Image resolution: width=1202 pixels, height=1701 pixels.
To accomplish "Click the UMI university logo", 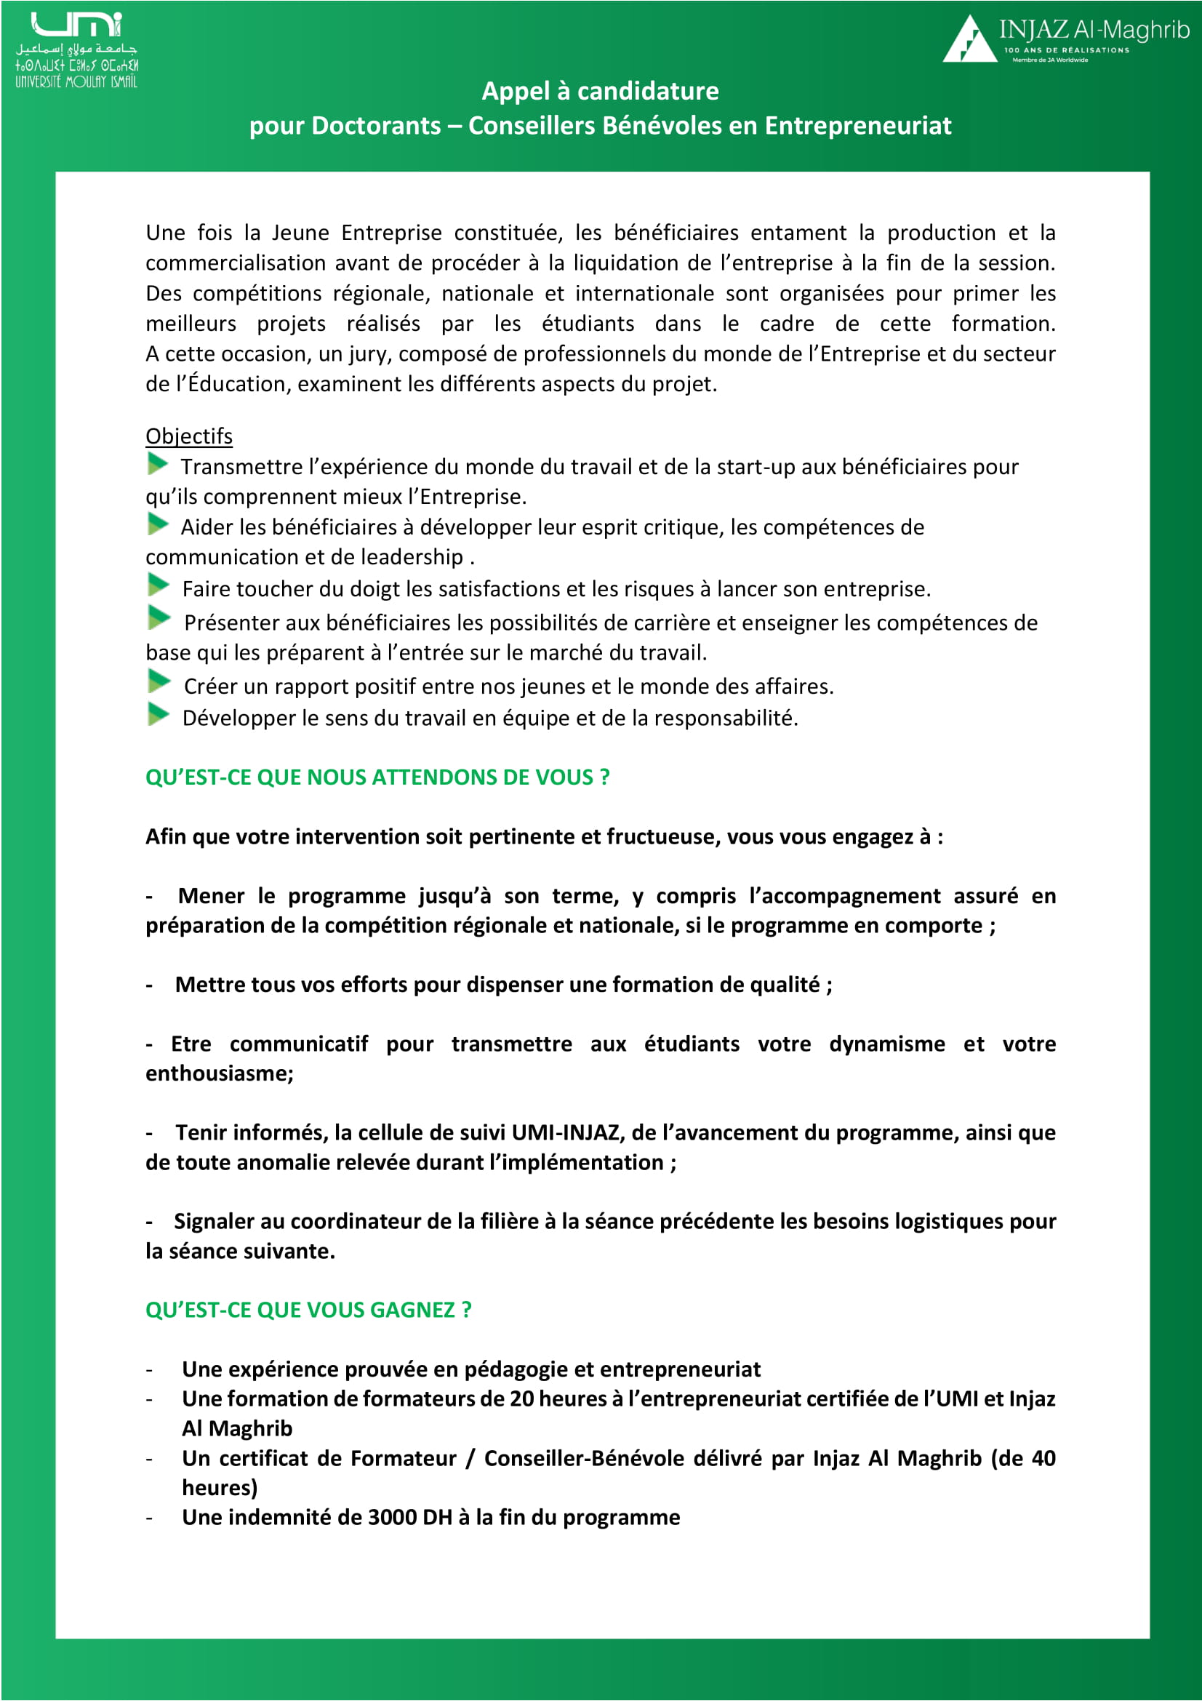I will coord(76,49).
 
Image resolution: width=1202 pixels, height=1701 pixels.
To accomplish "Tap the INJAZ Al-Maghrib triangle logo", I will coord(969,40).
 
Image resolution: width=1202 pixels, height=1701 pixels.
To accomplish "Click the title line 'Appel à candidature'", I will coord(600,91).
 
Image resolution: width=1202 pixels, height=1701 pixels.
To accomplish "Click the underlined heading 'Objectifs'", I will coord(189,436).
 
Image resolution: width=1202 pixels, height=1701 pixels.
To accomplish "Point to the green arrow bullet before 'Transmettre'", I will coord(158,465).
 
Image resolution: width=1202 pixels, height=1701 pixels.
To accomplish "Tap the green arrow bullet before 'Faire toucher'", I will coord(158,585).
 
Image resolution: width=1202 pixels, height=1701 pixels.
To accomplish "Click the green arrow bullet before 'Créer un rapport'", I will coord(159,681).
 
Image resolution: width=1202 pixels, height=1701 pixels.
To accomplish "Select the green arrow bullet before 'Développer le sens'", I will coord(158,715).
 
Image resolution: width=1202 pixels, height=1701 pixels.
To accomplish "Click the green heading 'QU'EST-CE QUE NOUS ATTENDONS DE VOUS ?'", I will coord(377,777).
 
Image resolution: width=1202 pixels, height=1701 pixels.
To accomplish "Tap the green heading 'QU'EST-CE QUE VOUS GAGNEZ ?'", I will coord(308,1310).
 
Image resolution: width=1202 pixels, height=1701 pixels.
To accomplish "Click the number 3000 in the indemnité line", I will coord(393,1517).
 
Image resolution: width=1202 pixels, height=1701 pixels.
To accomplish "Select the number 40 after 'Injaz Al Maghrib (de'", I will coord(1043,1458).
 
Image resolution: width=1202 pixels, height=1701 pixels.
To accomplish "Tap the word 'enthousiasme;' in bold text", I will coord(219,1073).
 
